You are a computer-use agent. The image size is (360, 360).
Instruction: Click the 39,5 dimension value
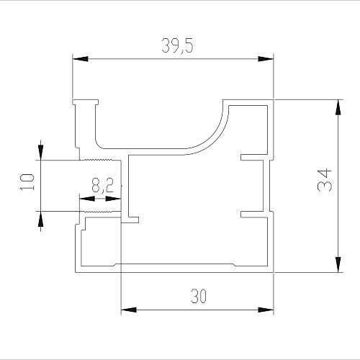(x=177, y=45)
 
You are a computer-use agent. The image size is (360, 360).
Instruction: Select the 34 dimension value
(x=325, y=180)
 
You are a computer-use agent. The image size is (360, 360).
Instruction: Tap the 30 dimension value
(x=199, y=296)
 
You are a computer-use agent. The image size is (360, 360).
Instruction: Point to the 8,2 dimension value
(x=103, y=185)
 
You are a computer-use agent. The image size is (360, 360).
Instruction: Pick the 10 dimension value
(x=27, y=182)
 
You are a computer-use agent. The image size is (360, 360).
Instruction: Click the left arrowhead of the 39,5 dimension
(x=80, y=59)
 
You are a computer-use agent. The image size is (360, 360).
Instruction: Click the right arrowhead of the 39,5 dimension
(x=266, y=59)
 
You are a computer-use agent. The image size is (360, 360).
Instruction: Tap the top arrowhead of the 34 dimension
(x=338, y=107)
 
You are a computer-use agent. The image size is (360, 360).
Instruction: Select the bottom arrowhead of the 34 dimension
(x=338, y=265)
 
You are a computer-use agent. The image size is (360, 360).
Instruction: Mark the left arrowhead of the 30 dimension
(x=129, y=310)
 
